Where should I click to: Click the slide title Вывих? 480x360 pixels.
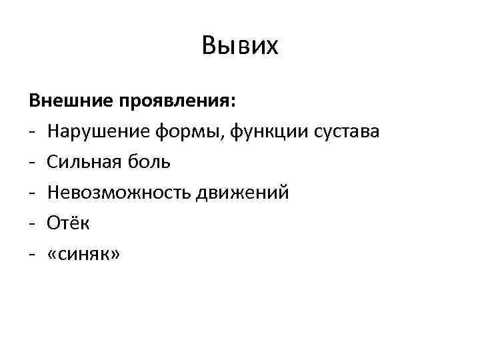(239, 46)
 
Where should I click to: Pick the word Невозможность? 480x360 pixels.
(118, 193)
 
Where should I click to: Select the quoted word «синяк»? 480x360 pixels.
(84, 255)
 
